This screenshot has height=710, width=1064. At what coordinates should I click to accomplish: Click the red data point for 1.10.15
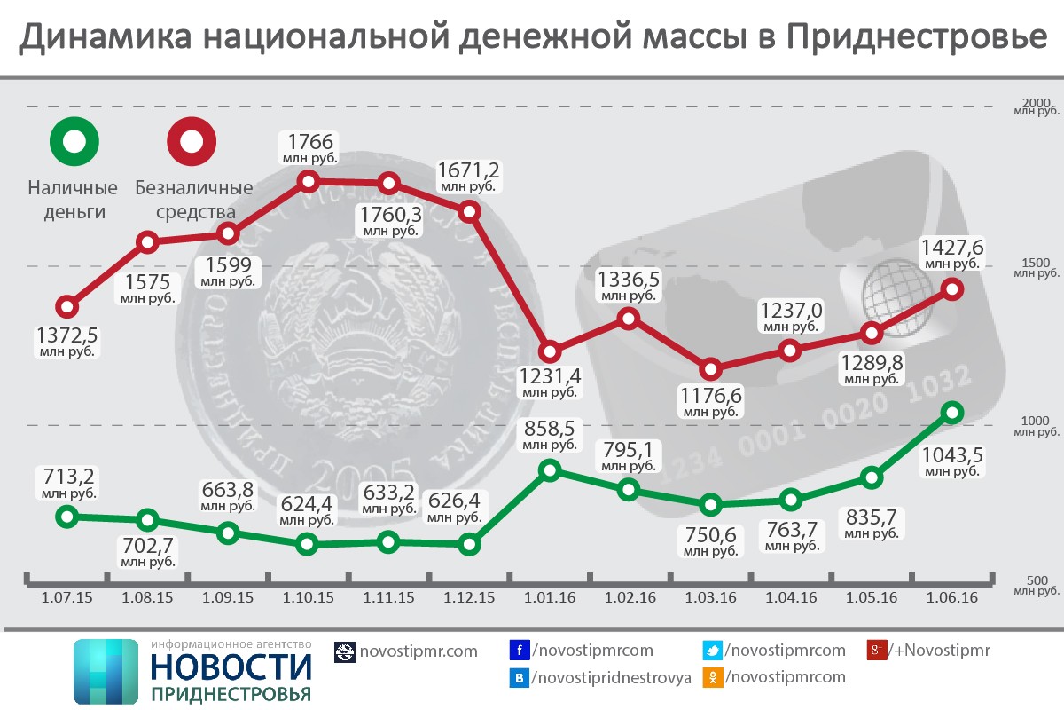click(309, 181)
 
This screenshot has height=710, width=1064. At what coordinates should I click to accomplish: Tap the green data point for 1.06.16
click(952, 412)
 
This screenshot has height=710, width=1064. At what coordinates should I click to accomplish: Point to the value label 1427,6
click(952, 247)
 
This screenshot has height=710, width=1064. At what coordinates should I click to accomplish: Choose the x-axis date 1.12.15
click(469, 597)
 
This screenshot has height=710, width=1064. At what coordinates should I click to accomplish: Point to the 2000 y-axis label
click(1037, 102)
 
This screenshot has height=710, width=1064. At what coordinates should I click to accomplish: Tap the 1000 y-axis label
click(1037, 421)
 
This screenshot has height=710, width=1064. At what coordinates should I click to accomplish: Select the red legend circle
click(192, 141)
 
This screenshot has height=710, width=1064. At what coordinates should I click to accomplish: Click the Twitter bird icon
click(712, 651)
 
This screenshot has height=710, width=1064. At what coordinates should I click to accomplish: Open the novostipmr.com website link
click(418, 651)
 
